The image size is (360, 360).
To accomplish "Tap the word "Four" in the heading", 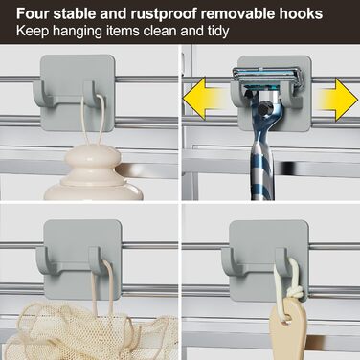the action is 33,13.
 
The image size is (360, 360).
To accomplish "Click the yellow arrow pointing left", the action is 206,99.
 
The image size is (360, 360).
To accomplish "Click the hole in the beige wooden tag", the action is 287,317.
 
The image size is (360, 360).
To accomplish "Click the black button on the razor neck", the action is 264,108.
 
